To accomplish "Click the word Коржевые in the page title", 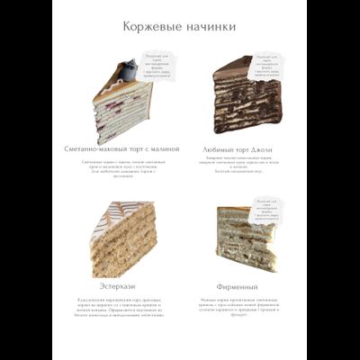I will tap(152, 27).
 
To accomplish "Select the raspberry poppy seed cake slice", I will tap(123, 105).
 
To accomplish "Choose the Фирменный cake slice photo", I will tap(245, 238).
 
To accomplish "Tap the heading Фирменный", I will tap(238, 286).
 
